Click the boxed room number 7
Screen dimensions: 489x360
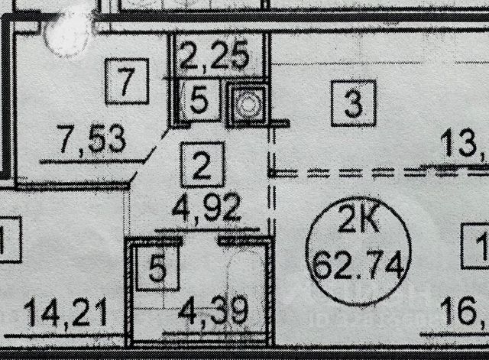127,79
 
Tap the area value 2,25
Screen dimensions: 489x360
215,54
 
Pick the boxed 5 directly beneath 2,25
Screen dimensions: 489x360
197,102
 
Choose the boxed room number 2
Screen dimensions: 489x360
202,164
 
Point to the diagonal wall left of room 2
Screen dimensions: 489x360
151,156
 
